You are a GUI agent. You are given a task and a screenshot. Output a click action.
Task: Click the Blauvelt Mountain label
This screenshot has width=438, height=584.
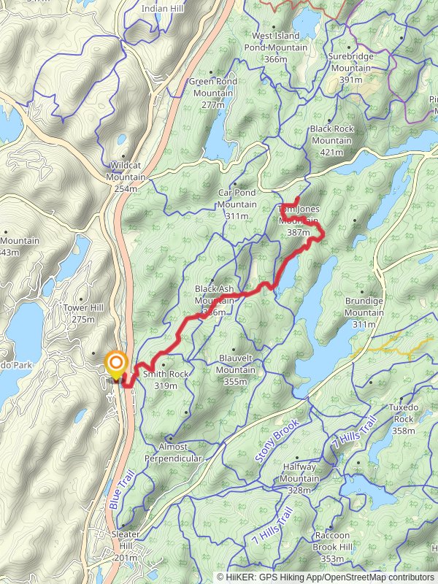237,364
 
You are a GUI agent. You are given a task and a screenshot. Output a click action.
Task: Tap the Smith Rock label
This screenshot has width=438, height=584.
166,374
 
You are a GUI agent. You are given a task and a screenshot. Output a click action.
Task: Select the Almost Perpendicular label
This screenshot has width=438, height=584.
174,452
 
